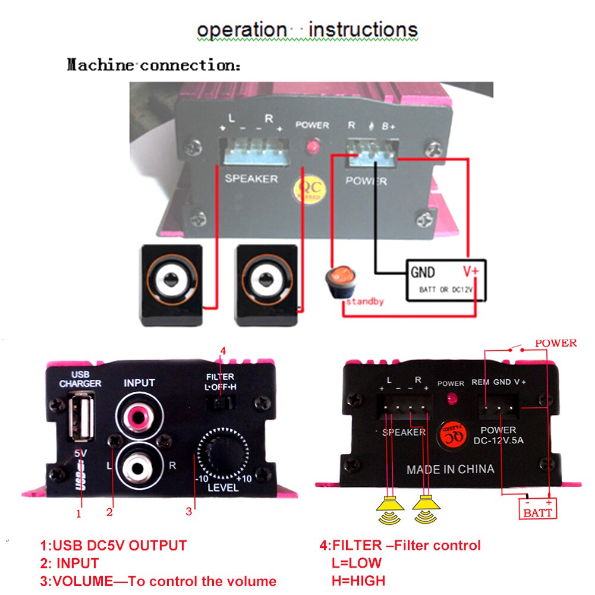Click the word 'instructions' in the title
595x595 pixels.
point(364,29)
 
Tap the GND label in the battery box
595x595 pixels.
point(423,273)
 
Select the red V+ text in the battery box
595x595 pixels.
point(471,272)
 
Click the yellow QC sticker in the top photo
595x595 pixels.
point(308,190)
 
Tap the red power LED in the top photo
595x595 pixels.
point(310,146)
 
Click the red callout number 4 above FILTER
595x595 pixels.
point(223,351)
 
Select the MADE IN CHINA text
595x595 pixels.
point(450,469)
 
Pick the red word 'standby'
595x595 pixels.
point(364,301)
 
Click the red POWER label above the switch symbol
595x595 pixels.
point(556,343)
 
